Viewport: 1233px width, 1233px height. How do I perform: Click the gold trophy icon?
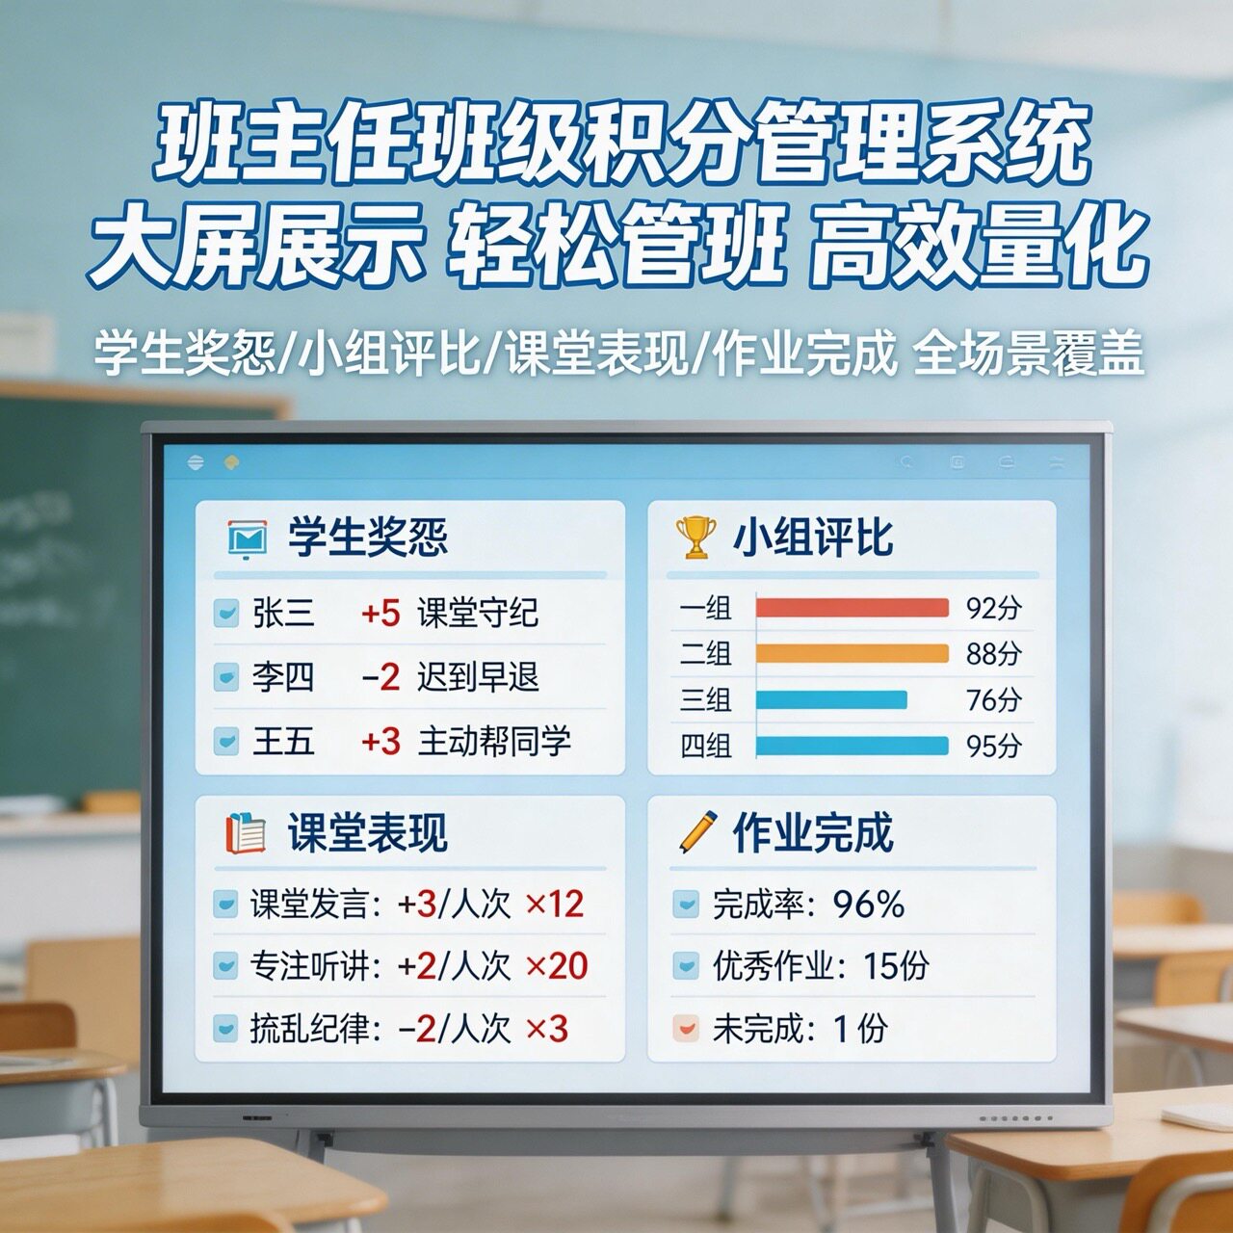pyautogui.click(x=695, y=537)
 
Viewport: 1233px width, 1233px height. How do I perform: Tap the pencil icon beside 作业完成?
pyautogui.click(x=697, y=831)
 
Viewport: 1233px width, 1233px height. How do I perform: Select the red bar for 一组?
pyautogui.click(x=852, y=608)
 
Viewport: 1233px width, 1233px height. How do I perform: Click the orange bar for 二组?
pyautogui.click(x=852, y=653)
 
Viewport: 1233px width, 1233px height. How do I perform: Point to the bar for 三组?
pyautogui.click(x=831, y=699)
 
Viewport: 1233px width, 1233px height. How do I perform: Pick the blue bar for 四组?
pyautogui.click(x=852, y=746)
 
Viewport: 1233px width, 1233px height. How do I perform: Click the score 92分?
pyautogui.click(x=993, y=608)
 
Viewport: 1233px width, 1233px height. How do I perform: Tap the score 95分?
pyautogui.click(x=993, y=746)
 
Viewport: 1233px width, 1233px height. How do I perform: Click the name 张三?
pyautogui.click(x=283, y=613)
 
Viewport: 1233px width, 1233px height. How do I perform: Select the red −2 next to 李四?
pyautogui.click(x=380, y=677)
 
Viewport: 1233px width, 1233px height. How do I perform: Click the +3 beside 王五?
pyautogui.click(x=380, y=742)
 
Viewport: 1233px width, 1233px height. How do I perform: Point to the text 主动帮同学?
pyautogui.click(x=494, y=742)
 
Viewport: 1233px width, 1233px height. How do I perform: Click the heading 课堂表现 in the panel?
pyautogui.click(x=367, y=832)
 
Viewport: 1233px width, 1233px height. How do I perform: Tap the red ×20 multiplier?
pyautogui.click(x=556, y=966)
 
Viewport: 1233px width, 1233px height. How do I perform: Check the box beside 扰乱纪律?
pyautogui.click(x=225, y=1029)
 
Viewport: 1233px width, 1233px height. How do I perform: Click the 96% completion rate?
pyautogui.click(x=869, y=905)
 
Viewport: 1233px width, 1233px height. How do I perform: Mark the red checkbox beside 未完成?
pyautogui.click(x=685, y=1029)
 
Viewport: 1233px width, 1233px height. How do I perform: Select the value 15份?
pyautogui.click(x=896, y=966)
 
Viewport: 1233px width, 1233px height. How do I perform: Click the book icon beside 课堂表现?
pyautogui.click(x=246, y=832)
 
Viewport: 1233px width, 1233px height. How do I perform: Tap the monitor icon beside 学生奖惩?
pyautogui.click(x=247, y=538)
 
